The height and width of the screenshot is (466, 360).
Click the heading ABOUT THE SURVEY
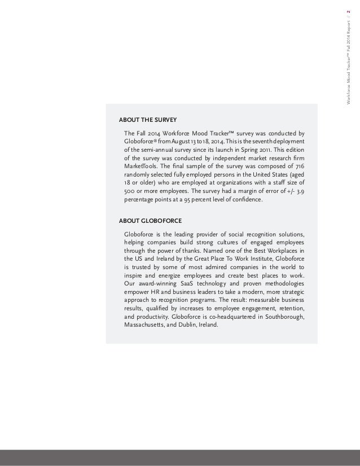click(x=147, y=120)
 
